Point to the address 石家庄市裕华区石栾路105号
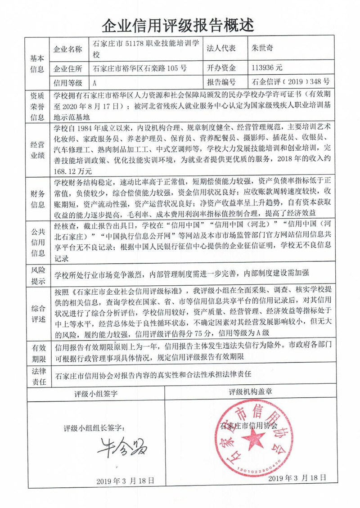click(139, 69)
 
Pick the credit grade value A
click(95, 83)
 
